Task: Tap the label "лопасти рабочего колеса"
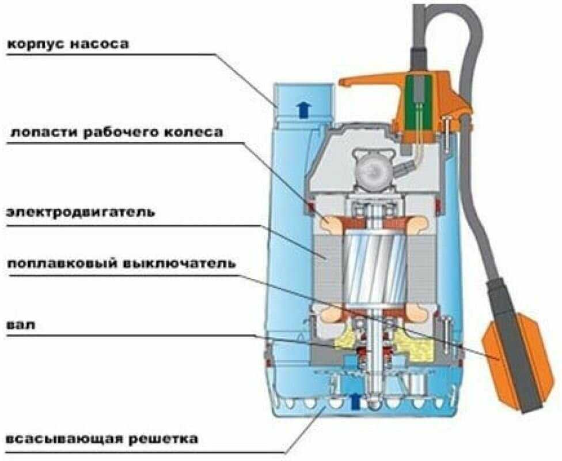115,133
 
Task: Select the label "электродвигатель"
81,211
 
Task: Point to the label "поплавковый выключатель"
121,264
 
